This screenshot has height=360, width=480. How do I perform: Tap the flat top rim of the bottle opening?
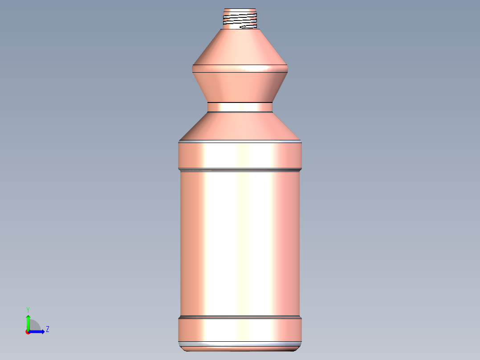tap(240, 9)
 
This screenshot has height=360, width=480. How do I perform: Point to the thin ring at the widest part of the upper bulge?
tap(240, 69)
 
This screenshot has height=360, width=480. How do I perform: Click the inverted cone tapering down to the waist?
tap(240, 87)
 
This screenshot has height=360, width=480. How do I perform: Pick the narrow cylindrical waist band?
tap(240, 107)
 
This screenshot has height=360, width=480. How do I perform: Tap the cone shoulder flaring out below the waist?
tap(240, 126)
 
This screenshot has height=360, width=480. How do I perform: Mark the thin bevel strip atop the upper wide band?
tap(240, 142)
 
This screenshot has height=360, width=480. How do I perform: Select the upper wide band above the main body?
tap(240, 155)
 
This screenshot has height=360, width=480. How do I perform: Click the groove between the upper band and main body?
tap(240, 170)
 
